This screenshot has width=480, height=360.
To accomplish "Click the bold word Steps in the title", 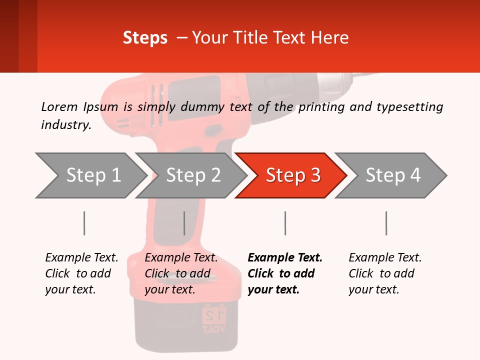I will pos(145,38).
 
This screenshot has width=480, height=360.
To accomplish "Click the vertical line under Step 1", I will pos(84,223).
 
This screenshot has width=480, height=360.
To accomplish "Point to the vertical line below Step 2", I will pos(184,223).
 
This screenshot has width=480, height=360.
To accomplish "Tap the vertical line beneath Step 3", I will pos(285,223).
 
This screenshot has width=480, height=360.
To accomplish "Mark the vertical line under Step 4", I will pos(386,223).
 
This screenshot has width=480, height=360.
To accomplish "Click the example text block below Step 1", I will pos(81,273).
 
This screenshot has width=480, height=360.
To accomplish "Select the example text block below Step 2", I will pos(181,273).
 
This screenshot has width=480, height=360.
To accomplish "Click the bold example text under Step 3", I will pos(285,273).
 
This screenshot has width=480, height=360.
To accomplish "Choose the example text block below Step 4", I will pos(385,273).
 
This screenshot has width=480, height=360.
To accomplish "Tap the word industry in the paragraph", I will pos(65,125).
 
